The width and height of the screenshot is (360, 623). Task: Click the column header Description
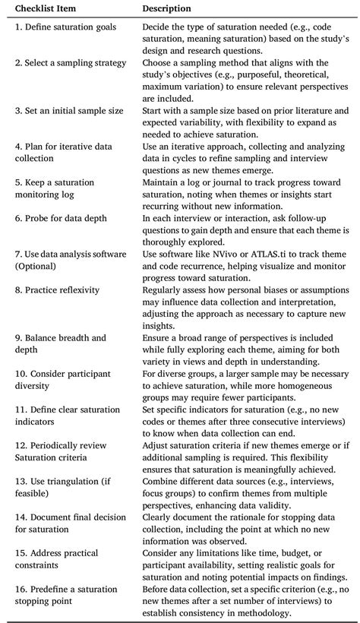pos(167,9)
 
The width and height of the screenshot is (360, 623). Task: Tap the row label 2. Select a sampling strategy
pos(69,62)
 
